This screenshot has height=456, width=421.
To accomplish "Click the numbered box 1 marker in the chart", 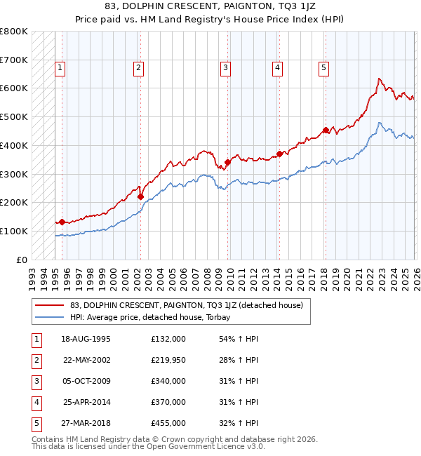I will coord(60,68).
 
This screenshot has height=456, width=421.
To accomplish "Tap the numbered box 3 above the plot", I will coord(225,68).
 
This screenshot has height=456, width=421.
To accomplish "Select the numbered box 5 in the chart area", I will coord(323,68).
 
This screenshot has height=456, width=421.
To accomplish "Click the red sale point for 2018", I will coord(326,130).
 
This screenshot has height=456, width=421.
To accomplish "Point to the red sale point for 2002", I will coord(140,197).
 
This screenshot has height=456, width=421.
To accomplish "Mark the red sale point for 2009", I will coord(227,163).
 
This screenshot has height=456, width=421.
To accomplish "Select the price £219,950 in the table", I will coord(168,360).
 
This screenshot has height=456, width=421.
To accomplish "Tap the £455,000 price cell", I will coord(168,423).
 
